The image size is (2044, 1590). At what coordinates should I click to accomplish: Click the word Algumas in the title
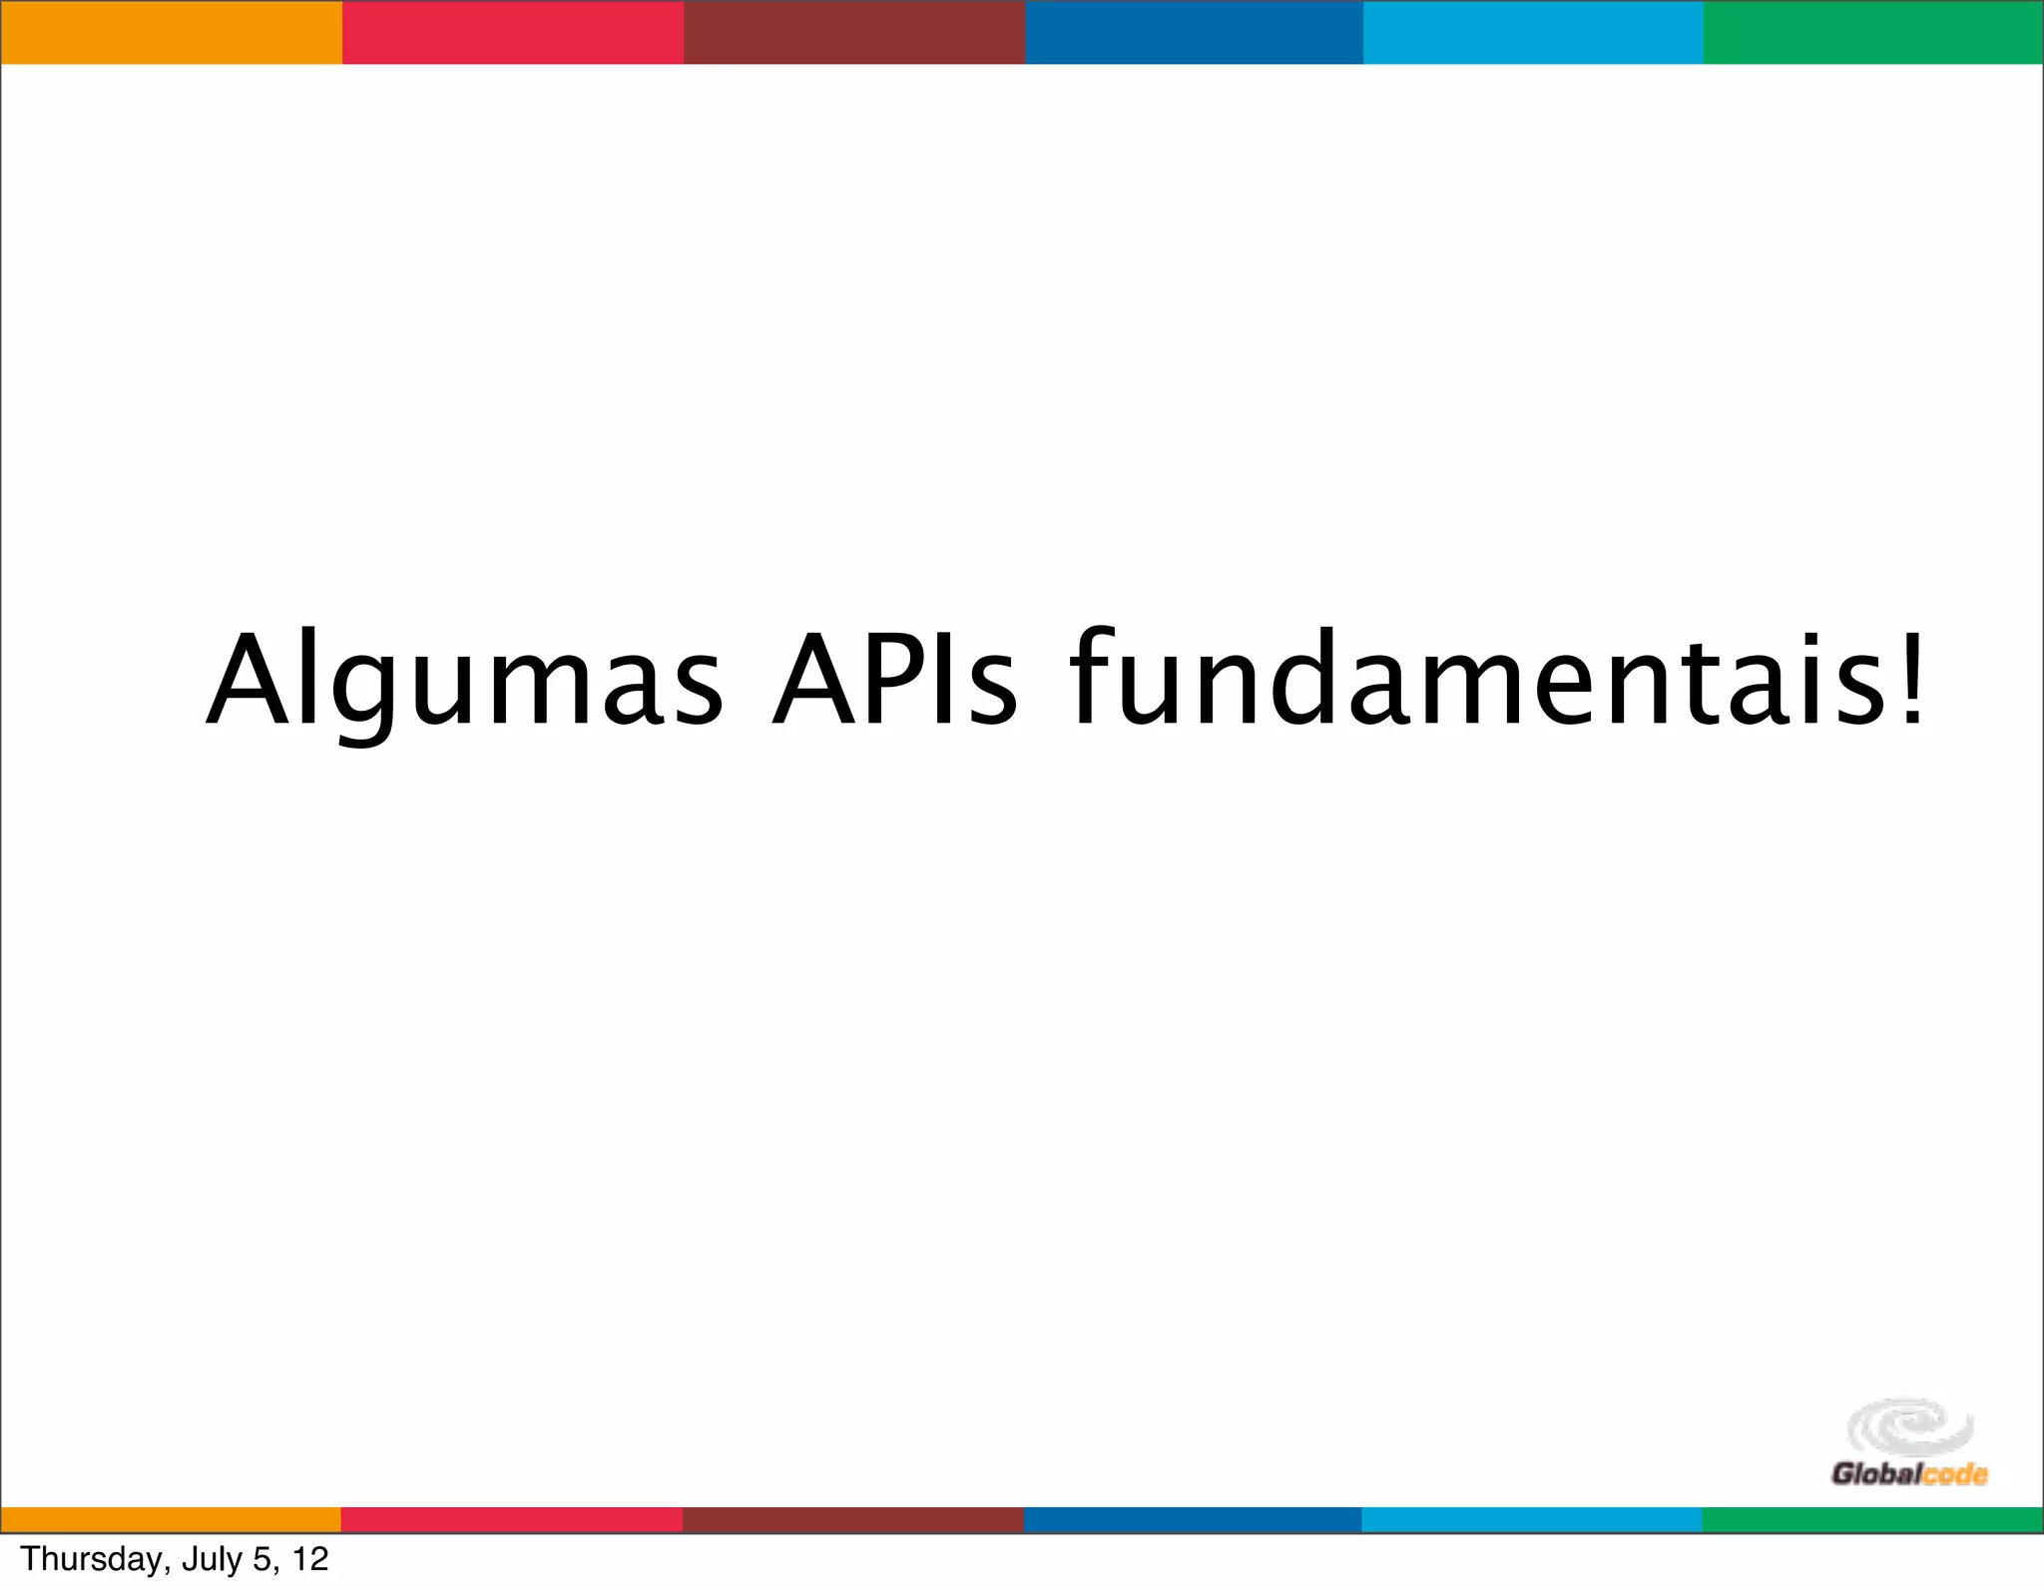point(464,681)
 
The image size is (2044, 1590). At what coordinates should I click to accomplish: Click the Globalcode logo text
point(1909,1473)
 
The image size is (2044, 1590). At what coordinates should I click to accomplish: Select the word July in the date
point(213,1559)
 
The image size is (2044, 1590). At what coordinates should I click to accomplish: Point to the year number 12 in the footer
point(310,1559)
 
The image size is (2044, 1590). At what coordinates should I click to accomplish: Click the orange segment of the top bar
point(171,32)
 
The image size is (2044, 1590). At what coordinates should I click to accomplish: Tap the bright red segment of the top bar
point(513,32)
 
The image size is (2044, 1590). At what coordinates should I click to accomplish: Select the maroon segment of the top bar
point(854,32)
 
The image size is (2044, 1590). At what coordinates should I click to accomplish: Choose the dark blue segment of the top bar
point(1195,32)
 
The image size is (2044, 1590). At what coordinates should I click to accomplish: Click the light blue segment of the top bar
point(1533,32)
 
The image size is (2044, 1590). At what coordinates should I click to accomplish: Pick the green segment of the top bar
point(1873,32)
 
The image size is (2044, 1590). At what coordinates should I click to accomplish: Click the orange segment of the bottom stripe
point(171,1520)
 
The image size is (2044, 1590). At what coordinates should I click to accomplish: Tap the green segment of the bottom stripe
point(1873,1520)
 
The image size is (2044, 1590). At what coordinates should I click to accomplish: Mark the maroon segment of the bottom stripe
point(854,1520)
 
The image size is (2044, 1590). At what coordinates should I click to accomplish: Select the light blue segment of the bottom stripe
point(1533,1520)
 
